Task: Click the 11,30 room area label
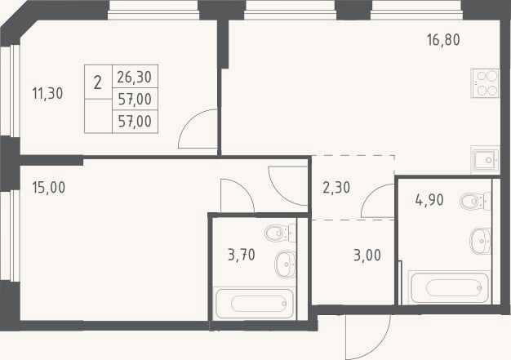[47, 94]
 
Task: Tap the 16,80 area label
[443, 40]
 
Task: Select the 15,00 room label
[48, 187]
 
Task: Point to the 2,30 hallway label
[336, 188]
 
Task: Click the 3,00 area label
[367, 255]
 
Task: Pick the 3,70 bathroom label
[241, 255]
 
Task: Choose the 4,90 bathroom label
[429, 200]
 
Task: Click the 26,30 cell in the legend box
[134, 78]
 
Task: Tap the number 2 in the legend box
[97, 82]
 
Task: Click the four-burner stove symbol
[485, 83]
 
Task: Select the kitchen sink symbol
[485, 160]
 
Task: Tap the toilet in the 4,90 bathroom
[475, 202]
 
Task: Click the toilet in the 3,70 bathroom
[281, 233]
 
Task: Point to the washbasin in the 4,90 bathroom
[480, 241]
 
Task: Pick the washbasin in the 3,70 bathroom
[286, 264]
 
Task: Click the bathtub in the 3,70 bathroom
[255, 304]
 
